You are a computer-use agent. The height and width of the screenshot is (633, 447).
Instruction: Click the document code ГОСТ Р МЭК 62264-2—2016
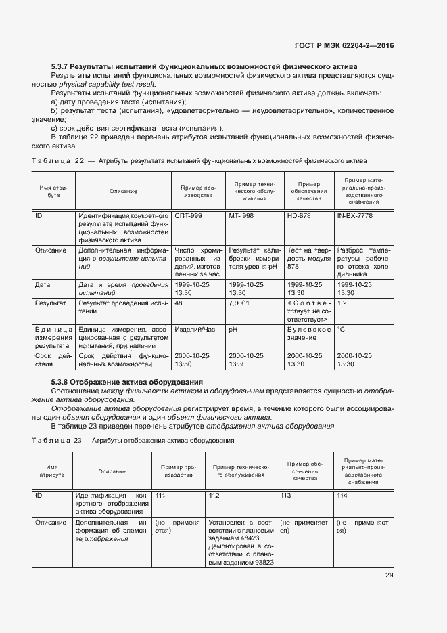344,45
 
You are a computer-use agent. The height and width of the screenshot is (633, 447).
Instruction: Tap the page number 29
389,575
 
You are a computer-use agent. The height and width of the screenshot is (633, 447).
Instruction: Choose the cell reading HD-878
300,215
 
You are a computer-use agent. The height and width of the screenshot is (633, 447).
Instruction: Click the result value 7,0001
239,303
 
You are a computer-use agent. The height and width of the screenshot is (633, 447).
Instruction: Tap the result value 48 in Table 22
179,303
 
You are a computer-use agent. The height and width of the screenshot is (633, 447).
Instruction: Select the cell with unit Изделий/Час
194,329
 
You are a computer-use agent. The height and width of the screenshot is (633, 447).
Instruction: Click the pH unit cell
233,329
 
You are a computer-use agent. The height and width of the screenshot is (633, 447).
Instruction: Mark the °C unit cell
342,329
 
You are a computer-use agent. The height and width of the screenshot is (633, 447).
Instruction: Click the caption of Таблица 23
133,441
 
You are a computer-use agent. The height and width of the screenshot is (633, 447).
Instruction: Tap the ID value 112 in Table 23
214,496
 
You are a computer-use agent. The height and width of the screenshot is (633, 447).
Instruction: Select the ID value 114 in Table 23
342,496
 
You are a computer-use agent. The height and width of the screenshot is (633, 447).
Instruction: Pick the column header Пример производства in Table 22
197,191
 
